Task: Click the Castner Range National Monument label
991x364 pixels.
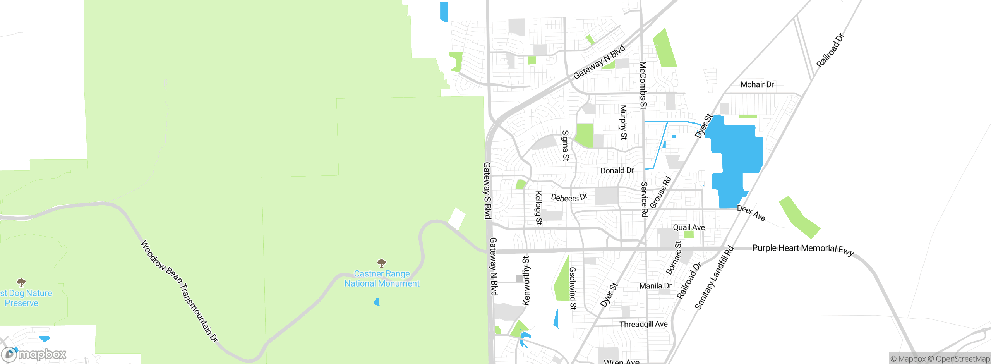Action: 382,278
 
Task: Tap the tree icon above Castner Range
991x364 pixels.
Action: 382,263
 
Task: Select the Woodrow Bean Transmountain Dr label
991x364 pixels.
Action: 179,291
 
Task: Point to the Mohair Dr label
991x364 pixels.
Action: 757,84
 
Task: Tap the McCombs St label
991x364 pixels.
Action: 643,85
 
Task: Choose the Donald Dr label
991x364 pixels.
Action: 617,170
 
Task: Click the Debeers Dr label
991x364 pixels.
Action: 569,197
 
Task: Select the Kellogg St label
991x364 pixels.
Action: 538,208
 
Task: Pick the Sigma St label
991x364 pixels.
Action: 566,146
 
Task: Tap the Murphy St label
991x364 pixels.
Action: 623,122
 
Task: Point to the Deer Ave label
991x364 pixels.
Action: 751,213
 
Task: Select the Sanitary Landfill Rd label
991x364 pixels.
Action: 714,278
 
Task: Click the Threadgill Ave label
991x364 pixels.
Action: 643,324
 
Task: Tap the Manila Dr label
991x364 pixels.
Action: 655,286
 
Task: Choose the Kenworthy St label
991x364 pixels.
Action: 526,280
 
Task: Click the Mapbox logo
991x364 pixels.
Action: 34,354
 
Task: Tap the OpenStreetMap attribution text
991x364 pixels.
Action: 962,359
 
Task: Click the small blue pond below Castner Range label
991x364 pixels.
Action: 377,302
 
